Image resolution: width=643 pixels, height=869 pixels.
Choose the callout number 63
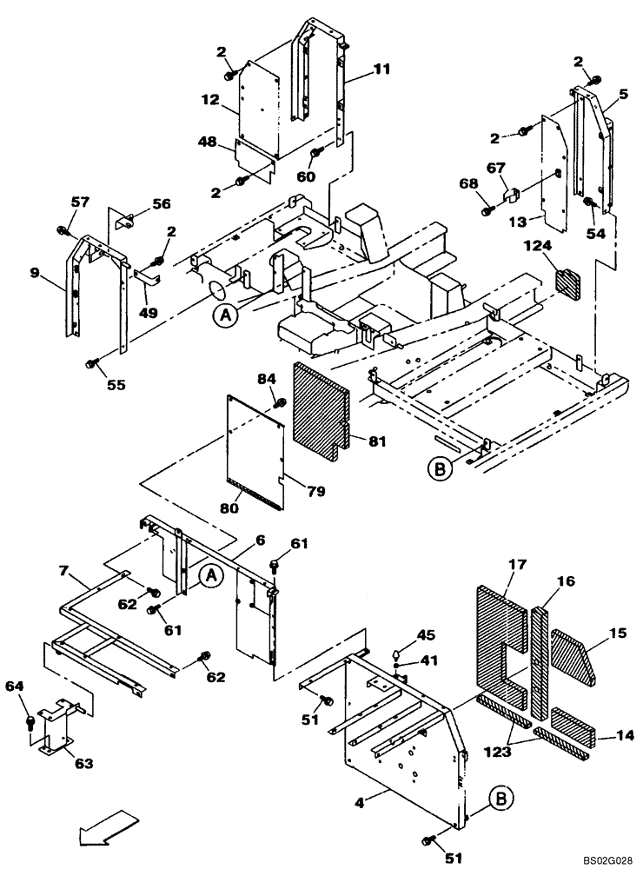[83, 765]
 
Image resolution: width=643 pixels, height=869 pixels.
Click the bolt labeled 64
[30, 720]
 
